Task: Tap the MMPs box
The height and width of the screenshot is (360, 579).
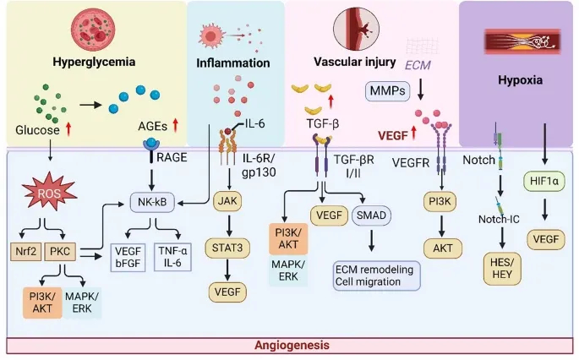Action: (386, 88)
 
